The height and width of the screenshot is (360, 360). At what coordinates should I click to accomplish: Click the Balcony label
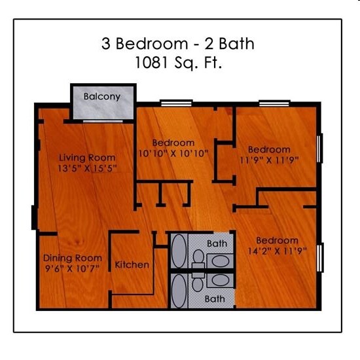tap(102, 97)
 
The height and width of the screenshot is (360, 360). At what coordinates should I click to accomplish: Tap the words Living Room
tap(87, 158)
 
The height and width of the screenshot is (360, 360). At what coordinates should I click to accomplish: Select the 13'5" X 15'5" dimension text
tap(87, 168)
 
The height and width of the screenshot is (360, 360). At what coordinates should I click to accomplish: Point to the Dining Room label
tap(73, 258)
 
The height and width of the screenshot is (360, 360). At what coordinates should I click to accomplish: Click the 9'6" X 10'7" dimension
tap(73, 268)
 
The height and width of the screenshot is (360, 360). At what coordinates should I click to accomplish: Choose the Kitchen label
tap(132, 265)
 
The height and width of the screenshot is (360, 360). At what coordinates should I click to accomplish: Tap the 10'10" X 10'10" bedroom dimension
tap(173, 153)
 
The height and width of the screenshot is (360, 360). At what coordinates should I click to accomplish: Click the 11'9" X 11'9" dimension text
tap(269, 159)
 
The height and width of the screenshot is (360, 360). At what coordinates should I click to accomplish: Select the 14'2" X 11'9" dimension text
tap(277, 250)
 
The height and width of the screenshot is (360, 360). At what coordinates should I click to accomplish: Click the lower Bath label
tap(216, 298)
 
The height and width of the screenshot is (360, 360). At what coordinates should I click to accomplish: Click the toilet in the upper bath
tap(198, 257)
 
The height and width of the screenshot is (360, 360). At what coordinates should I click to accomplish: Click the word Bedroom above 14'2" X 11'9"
tap(277, 240)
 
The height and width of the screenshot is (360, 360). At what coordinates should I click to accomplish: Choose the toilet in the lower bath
tap(198, 282)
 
